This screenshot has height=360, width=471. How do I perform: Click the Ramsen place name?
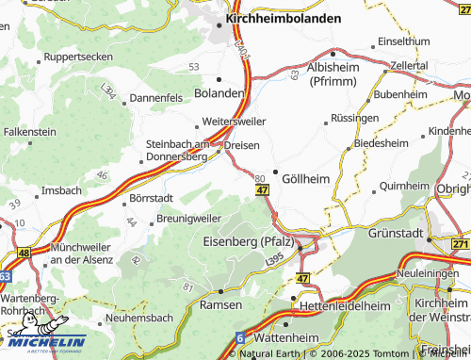pos(223,306)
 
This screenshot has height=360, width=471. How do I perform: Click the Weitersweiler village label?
pos(235,122)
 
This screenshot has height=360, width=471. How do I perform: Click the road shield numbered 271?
pos(460,244)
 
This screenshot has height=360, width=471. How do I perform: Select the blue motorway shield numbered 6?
pos(240,337)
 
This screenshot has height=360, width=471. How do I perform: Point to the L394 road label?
pos(110,93)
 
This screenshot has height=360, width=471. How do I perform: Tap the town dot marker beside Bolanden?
pos(219,79)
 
